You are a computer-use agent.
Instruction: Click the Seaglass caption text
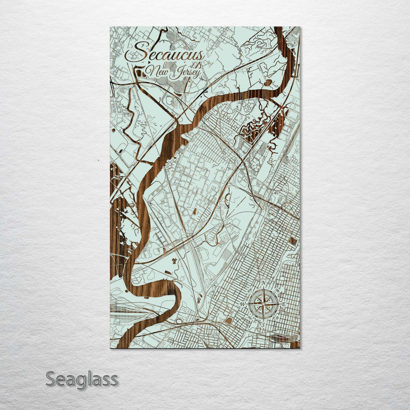click(x=81, y=379)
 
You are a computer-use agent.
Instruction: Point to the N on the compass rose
click(x=263, y=283)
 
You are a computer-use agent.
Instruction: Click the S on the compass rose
click(x=263, y=324)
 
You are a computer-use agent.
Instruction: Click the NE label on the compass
click(x=277, y=291)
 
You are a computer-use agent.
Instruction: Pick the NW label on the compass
click(x=249, y=291)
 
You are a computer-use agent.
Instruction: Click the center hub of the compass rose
click(x=263, y=304)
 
